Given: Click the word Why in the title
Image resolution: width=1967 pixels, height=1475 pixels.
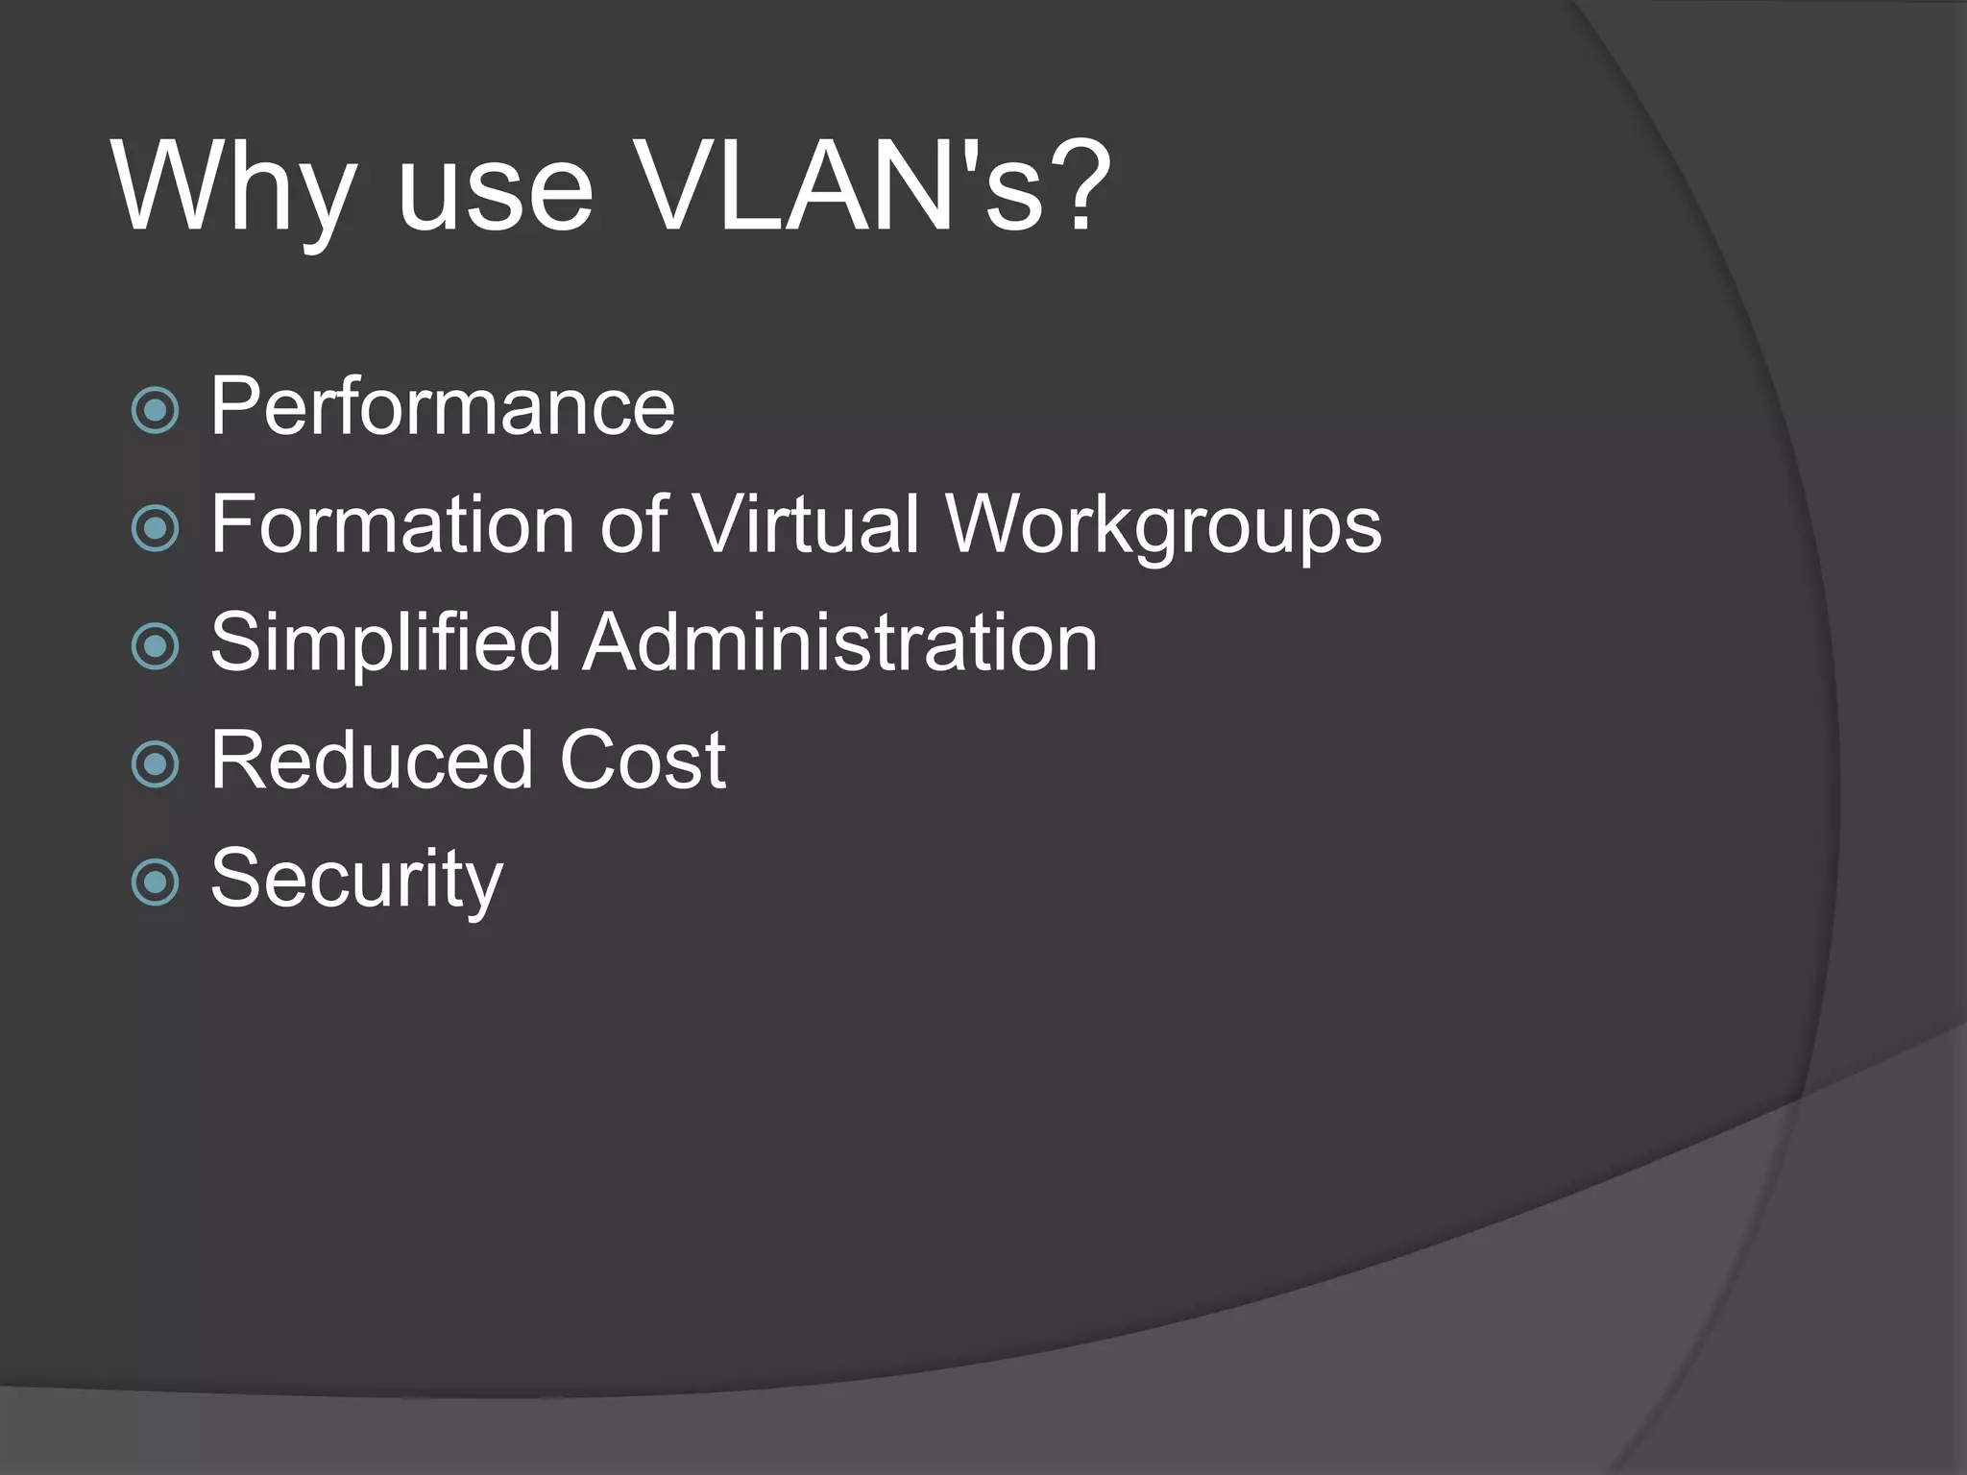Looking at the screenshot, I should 235,187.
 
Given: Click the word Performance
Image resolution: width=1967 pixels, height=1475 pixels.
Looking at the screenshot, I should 443,407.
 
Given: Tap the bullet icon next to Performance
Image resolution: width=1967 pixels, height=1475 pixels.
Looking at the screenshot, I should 155,410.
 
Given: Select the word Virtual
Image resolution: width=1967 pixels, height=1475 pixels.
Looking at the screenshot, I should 807,524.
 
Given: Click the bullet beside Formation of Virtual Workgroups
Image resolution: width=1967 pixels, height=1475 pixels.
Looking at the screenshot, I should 155,528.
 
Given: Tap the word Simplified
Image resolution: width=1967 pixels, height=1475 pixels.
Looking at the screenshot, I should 385,642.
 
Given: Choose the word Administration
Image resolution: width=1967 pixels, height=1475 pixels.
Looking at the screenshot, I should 840,642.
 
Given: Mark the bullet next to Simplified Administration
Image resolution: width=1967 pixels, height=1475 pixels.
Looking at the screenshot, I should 155,646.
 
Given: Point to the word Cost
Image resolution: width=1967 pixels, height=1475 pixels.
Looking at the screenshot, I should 642,761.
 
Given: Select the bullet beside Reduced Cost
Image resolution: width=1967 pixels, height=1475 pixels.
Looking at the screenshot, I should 155,764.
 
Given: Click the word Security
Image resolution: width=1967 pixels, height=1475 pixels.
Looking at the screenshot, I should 356,879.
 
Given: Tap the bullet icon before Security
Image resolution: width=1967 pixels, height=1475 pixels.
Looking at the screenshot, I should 155,883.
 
